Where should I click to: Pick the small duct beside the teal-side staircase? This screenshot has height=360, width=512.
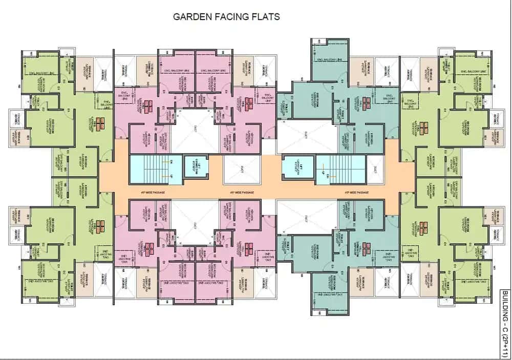pos(375,168)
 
